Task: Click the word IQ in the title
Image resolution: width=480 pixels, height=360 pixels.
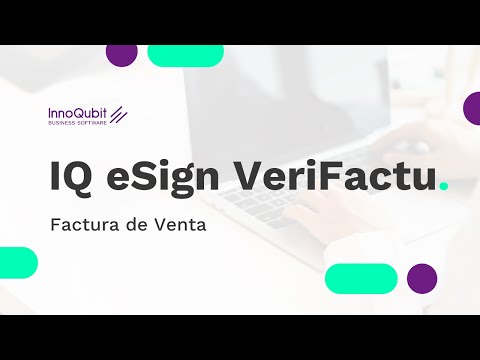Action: point(71,176)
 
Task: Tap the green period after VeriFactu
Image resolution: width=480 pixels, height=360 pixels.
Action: point(444,187)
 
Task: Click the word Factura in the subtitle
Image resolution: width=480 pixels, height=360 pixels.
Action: point(83,225)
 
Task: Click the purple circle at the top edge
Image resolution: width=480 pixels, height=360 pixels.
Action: point(121,53)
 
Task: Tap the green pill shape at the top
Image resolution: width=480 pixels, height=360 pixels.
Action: point(185,54)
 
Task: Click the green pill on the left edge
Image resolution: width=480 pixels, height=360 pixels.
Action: point(17,262)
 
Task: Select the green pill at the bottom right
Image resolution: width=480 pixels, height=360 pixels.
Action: point(361,278)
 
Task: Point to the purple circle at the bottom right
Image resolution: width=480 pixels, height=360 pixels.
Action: point(422,278)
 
